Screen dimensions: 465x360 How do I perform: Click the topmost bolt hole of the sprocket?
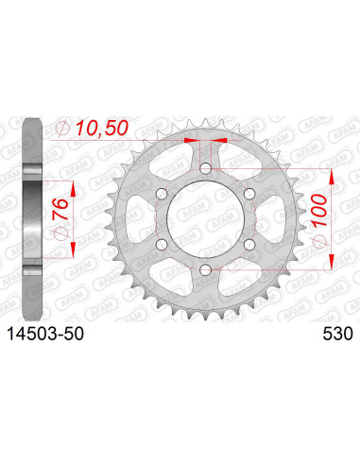pyautogui.click(x=204, y=169)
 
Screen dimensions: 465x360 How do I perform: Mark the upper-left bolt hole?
pyautogui.click(x=161, y=195)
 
